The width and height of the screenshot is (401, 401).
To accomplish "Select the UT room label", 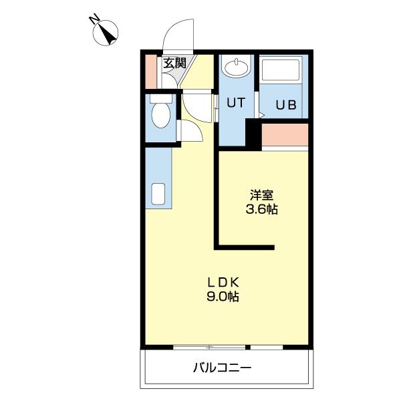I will [x=235, y=103].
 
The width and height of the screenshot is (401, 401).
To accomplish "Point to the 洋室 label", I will [x=262, y=196].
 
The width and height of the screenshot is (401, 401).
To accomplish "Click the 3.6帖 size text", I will [x=262, y=209].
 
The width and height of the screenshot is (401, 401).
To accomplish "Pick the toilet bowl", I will [x=160, y=116].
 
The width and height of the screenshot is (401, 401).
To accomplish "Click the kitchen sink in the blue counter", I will [x=158, y=194].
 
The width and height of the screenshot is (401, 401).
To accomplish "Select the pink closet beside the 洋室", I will [x=285, y=136].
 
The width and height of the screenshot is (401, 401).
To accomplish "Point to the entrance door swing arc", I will [x=175, y=35].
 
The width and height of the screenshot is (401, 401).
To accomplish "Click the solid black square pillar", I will [x=253, y=134].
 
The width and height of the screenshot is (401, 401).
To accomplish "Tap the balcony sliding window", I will [x=211, y=348].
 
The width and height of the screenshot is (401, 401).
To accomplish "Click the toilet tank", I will [x=160, y=98].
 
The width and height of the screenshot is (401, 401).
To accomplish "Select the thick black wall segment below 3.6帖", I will [x=245, y=248].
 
